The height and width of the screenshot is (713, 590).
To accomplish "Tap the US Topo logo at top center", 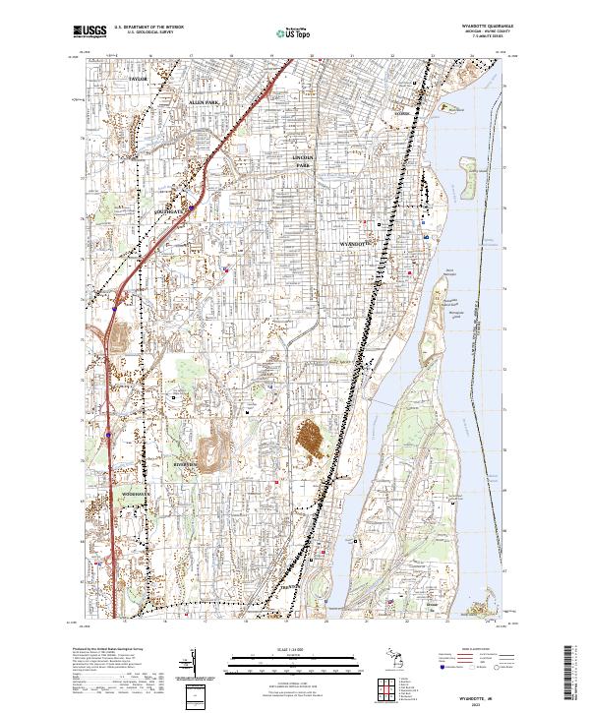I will (294, 32).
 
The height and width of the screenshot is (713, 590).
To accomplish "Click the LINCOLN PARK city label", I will (307, 161).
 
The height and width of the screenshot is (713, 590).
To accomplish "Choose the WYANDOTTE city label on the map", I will (355, 241).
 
